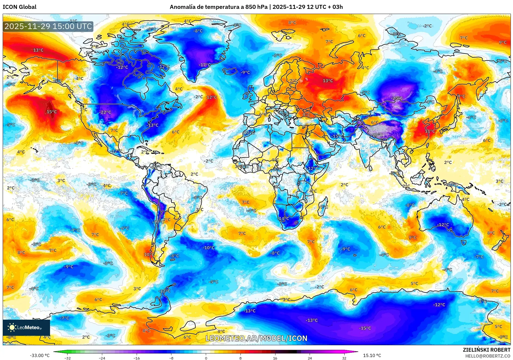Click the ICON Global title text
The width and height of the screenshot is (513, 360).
coord(19,7)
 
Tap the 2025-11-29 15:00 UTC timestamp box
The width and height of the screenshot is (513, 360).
coord(48,26)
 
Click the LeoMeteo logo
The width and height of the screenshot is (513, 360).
coord(26,327)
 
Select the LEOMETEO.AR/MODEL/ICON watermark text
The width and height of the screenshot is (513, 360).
coord(256,338)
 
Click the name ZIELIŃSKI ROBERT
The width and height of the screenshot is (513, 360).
coord(486,350)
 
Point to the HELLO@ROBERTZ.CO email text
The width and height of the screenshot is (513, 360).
coord(487,356)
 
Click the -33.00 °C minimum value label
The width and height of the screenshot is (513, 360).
coord(40,355)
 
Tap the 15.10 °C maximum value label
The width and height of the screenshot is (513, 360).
coord(372,355)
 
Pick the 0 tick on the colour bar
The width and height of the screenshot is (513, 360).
coord(206,358)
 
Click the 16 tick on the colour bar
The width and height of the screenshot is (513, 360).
coord(275,358)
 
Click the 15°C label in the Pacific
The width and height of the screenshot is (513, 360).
coord(52,112)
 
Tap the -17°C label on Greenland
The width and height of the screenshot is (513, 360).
coord(205,65)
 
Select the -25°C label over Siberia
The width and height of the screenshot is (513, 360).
coord(397,98)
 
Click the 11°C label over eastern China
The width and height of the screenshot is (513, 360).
coord(430,131)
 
